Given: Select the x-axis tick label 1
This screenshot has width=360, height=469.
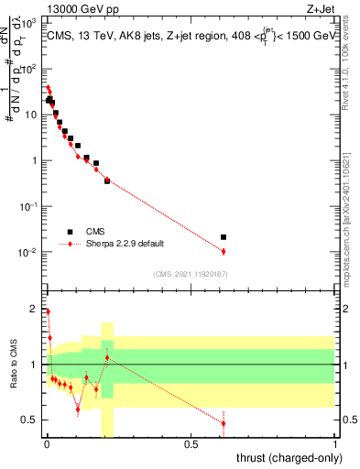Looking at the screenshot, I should tap(335, 444).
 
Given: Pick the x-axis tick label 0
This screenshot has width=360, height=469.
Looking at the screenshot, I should tap(47, 444).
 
